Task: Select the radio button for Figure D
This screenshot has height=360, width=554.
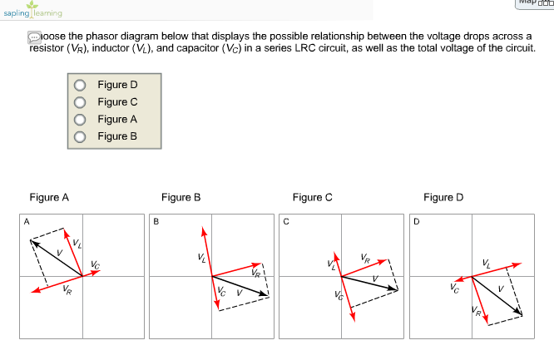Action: point(80,85)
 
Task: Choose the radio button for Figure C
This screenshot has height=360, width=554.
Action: point(80,102)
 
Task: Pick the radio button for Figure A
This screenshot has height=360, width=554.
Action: point(80,120)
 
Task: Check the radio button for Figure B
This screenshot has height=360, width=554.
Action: point(80,136)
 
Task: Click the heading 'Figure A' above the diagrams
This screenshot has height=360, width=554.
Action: point(49,197)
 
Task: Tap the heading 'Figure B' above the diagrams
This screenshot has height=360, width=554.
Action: point(181,197)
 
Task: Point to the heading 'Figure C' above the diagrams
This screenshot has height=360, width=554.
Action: point(312,197)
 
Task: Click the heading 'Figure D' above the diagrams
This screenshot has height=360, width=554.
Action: point(443,197)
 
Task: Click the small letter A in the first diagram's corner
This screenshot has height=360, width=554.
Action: point(27,221)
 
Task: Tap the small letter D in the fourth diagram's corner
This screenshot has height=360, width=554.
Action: point(417,222)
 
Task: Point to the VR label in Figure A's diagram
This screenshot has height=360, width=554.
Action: point(67,290)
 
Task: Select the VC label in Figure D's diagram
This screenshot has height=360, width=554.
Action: point(453,289)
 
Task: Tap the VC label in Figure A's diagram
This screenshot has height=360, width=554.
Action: point(96,264)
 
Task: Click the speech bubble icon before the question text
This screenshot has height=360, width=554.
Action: point(34,37)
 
